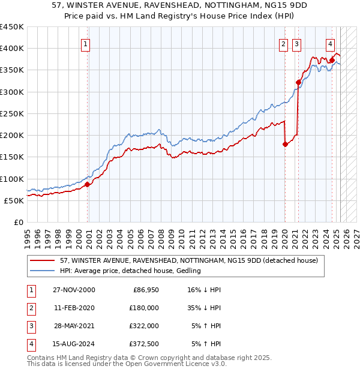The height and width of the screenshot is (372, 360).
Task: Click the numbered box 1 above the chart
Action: click(x=86, y=43)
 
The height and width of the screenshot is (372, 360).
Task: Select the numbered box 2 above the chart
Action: click(x=283, y=43)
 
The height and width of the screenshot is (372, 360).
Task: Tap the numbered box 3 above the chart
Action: click(x=296, y=43)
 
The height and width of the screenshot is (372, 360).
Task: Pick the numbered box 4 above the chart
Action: click(x=331, y=43)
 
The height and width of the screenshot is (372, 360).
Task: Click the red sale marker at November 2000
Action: click(x=88, y=184)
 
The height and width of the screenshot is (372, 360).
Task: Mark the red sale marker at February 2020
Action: click(x=286, y=144)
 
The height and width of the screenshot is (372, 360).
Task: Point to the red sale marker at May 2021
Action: click(x=298, y=82)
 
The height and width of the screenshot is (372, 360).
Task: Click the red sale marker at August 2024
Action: click(x=332, y=60)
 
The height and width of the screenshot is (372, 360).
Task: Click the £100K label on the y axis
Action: click(x=12, y=179)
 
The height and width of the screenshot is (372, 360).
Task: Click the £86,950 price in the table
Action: click(x=145, y=290)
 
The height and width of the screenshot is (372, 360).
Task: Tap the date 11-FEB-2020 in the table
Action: click(x=74, y=308)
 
